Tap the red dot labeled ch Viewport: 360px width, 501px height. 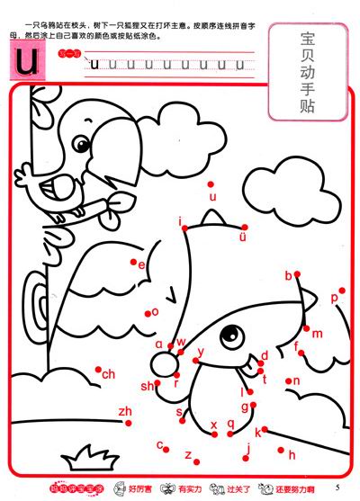[x=99, y=369]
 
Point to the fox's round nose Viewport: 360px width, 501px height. [x=164, y=362]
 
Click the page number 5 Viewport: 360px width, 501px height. [x=347, y=487]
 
